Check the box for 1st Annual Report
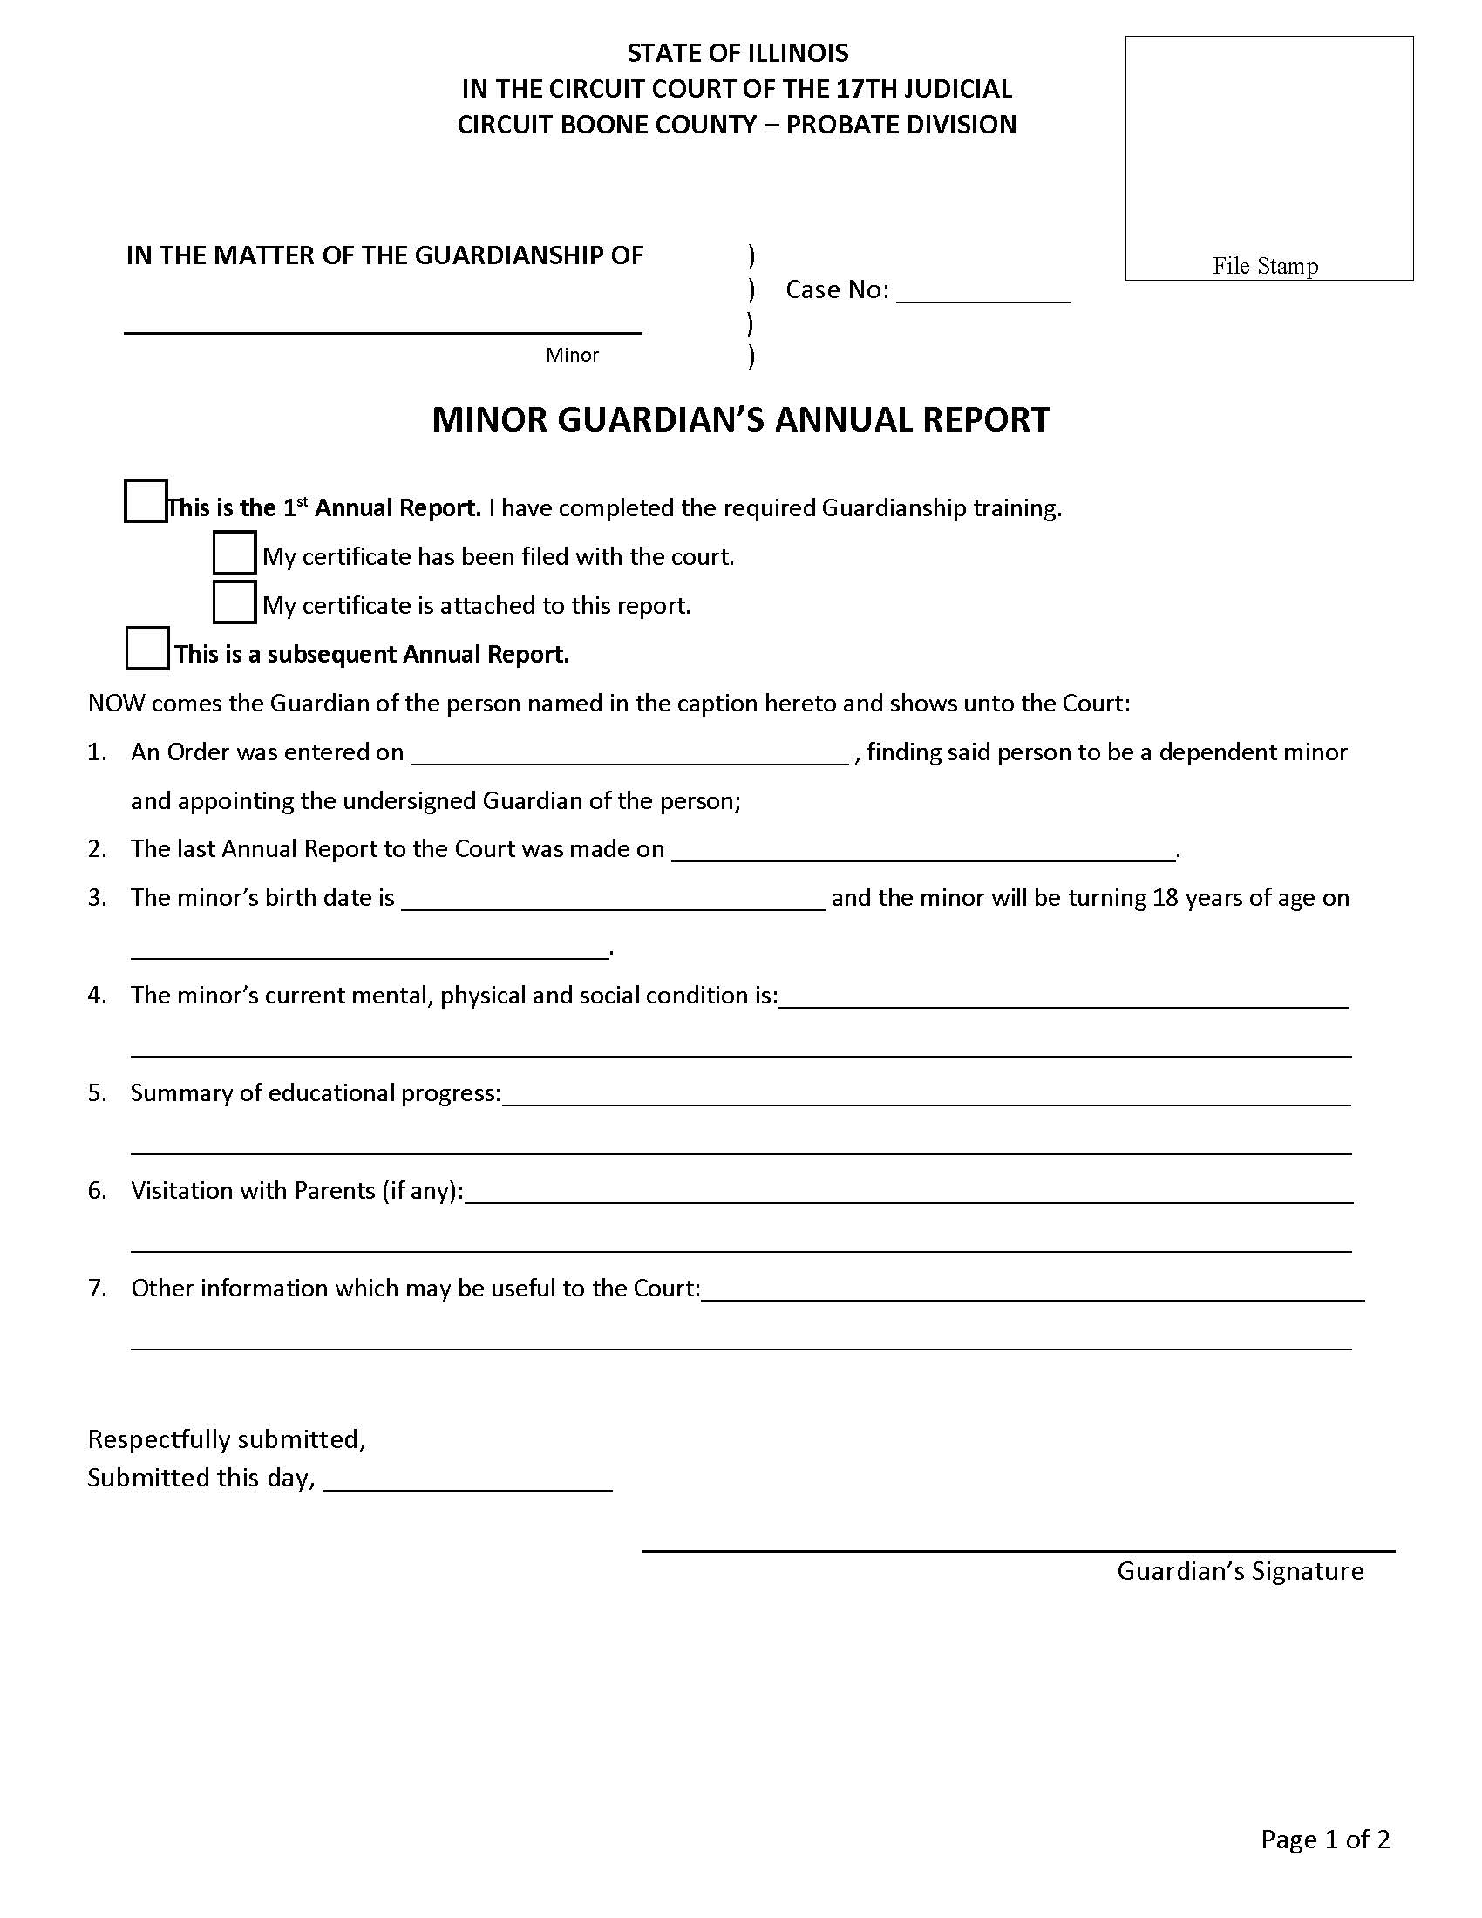click(146, 501)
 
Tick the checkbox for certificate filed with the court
click(235, 554)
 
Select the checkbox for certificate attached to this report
click(235, 602)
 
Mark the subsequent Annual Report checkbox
click(147, 648)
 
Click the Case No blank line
click(982, 292)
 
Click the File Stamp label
click(1265, 265)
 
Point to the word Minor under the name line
click(572, 355)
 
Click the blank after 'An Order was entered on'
click(629, 755)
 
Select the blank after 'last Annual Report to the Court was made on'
click(922, 852)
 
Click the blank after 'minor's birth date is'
click(613, 901)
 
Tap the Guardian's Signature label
click(1240, 1570)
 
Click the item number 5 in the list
click(97, 1093)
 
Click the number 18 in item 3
click(1165, 898)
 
